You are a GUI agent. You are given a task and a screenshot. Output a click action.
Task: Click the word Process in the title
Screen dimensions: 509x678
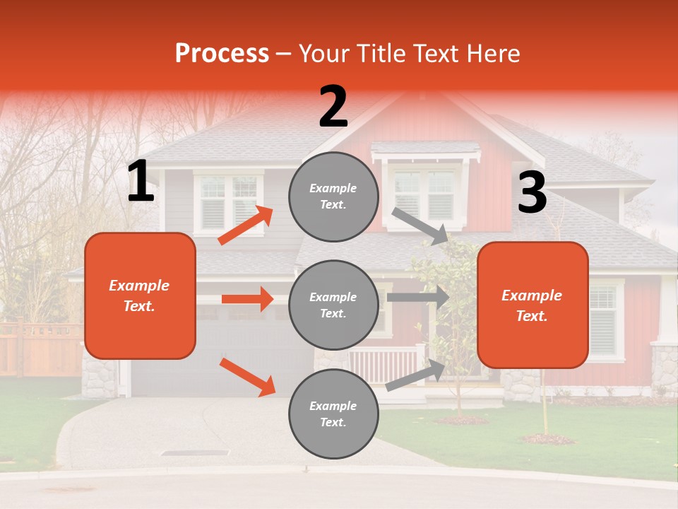(222, 53)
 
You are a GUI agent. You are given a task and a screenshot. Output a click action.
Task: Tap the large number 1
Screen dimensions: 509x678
(141, 182)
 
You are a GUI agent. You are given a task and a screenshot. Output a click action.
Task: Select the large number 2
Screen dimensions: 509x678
(333, 107)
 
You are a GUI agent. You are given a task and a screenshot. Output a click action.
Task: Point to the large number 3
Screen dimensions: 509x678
(532, 192)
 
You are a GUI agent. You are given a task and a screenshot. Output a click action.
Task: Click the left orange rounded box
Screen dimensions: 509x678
(140, 296)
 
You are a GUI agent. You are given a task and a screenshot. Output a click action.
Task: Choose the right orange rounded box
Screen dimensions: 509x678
(533, 305)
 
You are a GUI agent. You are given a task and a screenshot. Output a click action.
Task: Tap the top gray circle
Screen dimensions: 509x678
(333, 196)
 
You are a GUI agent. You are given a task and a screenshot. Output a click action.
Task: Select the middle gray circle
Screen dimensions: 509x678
(333, 305)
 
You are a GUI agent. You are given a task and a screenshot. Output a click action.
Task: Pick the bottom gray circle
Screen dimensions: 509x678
(333, 414)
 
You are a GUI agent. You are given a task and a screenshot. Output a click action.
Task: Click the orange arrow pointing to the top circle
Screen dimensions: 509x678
(246, 226)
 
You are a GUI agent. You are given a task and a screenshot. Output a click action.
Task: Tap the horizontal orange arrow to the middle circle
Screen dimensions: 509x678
(247, 299)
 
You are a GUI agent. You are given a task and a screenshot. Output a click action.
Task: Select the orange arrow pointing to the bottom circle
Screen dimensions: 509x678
(247, 376)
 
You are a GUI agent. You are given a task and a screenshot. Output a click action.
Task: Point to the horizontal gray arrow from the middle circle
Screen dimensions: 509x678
(417, 297)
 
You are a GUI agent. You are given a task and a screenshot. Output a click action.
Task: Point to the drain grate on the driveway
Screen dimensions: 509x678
(195, 452)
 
